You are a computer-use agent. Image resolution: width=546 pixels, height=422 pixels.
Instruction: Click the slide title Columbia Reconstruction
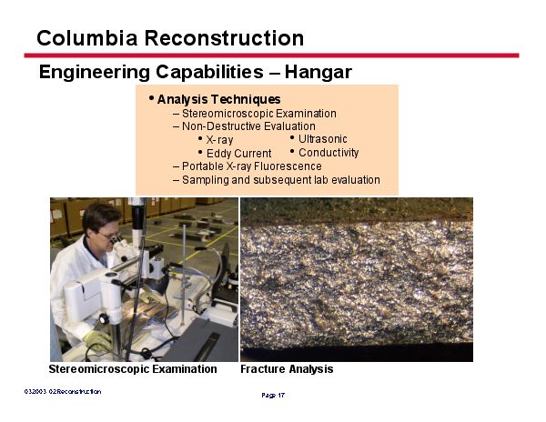click(170, 38)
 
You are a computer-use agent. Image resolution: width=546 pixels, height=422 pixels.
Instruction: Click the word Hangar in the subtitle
click(318, 72)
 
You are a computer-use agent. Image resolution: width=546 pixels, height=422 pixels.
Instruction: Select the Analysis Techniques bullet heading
click(218, 99)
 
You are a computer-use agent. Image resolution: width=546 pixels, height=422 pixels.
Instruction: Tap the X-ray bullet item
click(219, 140)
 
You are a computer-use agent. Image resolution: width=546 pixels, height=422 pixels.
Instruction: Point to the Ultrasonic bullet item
click(322, 139)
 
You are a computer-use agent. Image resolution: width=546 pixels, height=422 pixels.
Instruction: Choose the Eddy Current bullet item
click(238, 154)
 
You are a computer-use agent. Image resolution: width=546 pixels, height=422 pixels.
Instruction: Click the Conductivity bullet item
click(329, 153)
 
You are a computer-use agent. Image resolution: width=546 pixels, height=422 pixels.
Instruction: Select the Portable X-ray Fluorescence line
click(251, 166)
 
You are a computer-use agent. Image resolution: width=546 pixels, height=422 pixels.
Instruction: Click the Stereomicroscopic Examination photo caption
click(133, 369)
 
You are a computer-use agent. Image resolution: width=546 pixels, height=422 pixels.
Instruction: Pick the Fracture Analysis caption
click(287, 369)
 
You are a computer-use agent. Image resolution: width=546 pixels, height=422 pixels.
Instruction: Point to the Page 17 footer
click(273, 396)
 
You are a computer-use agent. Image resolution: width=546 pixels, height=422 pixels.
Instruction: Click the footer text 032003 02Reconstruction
click(63, 391)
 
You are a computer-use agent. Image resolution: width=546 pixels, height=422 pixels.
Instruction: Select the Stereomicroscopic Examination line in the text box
click(258, 114)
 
